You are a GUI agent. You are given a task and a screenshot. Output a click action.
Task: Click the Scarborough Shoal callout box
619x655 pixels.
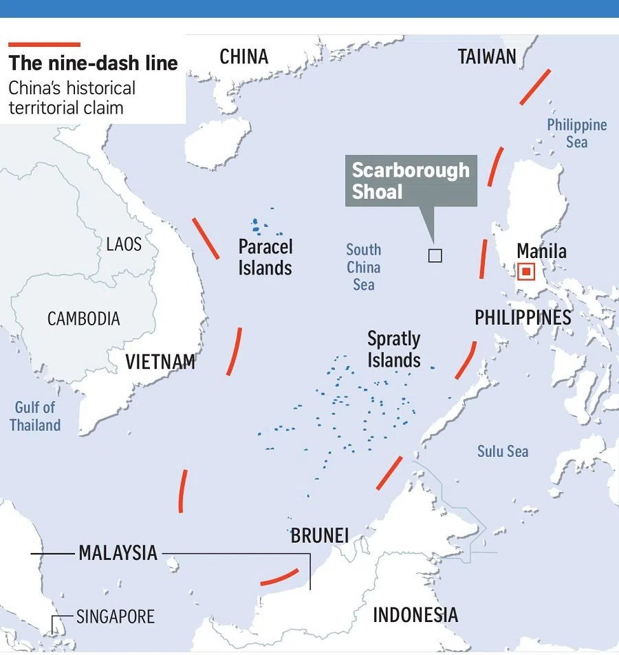point(411,181)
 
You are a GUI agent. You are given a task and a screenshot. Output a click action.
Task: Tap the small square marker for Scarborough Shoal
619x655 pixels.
point(435,256)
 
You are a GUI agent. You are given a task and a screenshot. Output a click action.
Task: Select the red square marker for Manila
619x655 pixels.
point(526,272)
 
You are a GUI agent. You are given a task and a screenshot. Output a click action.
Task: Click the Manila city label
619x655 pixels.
point(541,251)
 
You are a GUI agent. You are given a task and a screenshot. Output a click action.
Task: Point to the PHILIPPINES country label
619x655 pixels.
point(523,317)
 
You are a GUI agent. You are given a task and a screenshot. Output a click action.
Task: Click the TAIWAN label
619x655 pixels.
point(487,56)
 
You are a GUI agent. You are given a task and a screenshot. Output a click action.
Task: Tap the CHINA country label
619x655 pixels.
point(243,56)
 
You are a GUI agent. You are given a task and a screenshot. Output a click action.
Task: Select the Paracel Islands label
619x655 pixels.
point(265,257)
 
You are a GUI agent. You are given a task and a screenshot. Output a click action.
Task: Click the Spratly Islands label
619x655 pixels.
point(393,350)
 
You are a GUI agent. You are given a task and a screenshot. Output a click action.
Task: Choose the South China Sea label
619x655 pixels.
point(364,267)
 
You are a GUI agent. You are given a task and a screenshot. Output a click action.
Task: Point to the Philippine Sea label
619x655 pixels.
point(576,133)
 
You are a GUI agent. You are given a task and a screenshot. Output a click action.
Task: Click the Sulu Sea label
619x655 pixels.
point(503,451)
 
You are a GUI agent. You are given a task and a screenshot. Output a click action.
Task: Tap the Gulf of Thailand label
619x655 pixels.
point(35,416)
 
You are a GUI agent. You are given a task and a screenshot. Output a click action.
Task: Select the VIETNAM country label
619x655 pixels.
point(160,362)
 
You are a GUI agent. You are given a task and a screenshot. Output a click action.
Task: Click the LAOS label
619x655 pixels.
point(124,244)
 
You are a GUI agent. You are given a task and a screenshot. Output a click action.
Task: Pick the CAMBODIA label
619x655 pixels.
point(83,319)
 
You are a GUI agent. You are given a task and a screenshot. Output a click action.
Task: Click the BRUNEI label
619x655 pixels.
point(320,535)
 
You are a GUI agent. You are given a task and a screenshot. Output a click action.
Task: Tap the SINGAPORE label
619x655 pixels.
point(116,616)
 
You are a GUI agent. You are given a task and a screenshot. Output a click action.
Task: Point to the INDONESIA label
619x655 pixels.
point(415,614)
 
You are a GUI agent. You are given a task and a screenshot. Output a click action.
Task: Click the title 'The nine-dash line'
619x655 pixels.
point(93,63)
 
